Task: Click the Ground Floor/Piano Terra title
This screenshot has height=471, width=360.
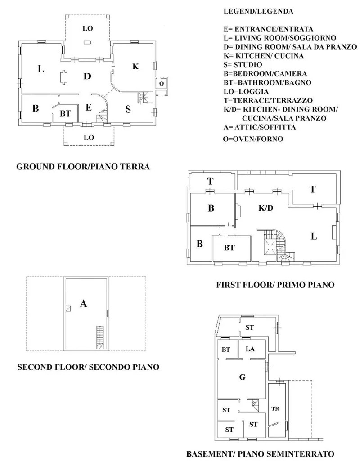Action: click(x=83, y=167)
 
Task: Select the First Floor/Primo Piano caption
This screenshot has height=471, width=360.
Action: click(x=275, y=285)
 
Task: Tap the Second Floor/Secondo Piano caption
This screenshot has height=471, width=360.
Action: click(x=88, y=367)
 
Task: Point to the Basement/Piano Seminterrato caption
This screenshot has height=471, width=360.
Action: click(x=260, y=453)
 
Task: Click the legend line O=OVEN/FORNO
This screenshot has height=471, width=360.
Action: click(x=253, y=139)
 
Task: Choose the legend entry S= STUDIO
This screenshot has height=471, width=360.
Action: click(x=243, y=64)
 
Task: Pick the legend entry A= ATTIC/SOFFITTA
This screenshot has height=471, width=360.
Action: click(x=260, y=127)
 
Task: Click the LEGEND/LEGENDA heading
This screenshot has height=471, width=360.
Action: click(x=258, y=11)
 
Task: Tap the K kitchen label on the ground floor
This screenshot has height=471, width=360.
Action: click(x=136, y=66)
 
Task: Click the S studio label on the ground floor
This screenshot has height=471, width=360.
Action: click(x=128, y=109)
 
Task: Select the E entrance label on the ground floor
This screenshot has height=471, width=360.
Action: click(x=89, y=108)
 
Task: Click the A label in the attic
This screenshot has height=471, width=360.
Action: click(x=83, y=303)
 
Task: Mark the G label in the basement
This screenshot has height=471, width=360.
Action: click(x=242, y=377)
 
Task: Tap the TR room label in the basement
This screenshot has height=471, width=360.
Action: click(x=275, y=408)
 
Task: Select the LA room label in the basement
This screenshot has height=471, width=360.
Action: click(x=250, y=349)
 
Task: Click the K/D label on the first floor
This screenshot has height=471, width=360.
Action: click(x=266, y=208)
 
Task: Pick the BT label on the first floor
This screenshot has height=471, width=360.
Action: click(x=229, y=248)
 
